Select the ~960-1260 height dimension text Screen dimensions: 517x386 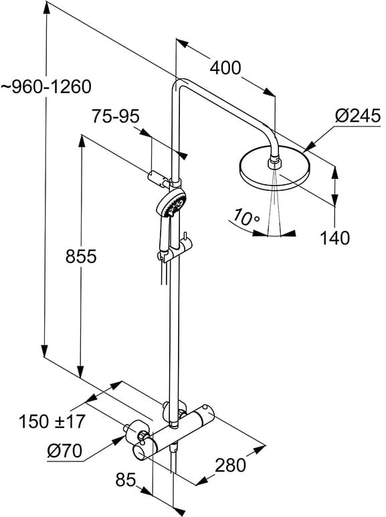(x=45, y=87)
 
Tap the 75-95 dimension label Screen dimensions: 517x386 (x=116, y=116)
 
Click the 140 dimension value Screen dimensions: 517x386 (x=334, y=237)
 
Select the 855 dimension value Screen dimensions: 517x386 (x=81, y=256)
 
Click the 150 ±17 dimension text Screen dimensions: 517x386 (x=52, y=422)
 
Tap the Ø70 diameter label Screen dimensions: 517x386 (x=64, y=452)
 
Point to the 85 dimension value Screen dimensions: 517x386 (x=125, y=479)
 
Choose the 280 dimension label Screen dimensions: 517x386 (x=231, y=463)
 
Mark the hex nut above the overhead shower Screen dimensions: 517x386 (x=273, y=162)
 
